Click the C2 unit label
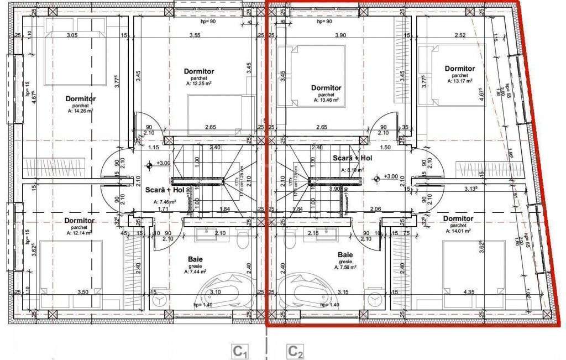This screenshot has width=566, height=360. point(295,351)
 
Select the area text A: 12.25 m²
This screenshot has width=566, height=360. point(199,84)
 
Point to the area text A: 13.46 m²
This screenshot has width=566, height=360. point(326,100)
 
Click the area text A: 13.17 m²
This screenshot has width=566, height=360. point(460,81)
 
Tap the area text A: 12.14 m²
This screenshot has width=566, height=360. point(80,233)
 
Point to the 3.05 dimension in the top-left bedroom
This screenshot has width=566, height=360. point(72,35)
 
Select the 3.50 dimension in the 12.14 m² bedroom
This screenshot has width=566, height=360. point(83,292)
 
